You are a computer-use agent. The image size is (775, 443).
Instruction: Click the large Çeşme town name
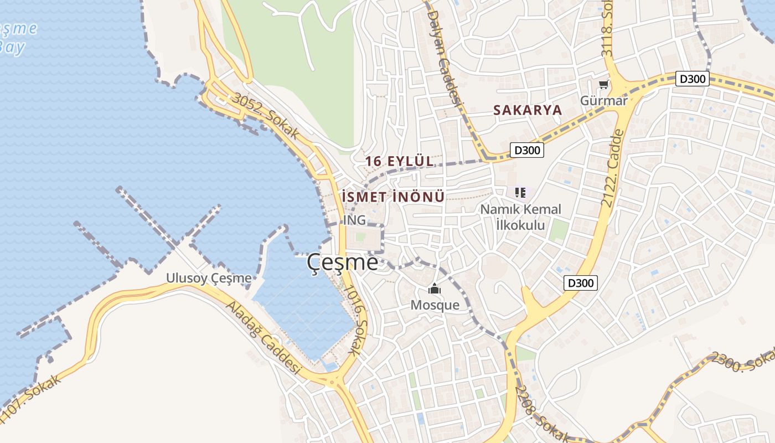coord(343,262)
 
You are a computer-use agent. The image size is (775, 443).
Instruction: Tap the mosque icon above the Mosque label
coord(435,289)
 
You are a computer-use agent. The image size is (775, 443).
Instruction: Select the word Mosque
coord(435,305)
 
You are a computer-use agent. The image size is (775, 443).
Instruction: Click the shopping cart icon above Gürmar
coord(603,85)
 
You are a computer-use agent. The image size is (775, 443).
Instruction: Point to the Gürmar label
coord(603,101)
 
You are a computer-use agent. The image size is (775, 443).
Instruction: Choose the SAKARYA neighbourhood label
coord(527,110)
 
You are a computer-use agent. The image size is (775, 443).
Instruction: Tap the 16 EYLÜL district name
coord(399,161)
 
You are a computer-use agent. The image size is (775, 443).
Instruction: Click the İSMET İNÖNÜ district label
coord(393,197)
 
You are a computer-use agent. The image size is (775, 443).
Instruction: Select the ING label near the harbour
coord(354,220)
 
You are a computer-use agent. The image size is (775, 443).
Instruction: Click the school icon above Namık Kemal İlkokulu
coord(520,193)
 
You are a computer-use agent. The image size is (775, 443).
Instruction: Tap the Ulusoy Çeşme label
coord(209,278)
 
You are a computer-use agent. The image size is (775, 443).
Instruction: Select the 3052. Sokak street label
coord(266,116)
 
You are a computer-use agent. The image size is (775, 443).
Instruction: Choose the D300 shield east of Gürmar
coord(692,79)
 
